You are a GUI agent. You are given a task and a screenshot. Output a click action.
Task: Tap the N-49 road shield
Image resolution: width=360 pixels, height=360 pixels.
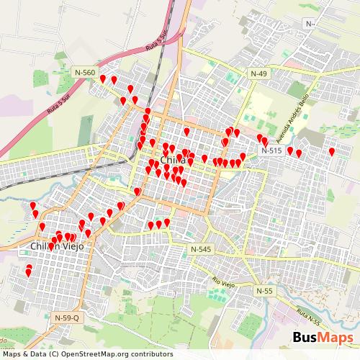click(258, 73)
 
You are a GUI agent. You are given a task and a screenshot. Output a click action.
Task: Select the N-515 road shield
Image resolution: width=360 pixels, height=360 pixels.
click(271, 150)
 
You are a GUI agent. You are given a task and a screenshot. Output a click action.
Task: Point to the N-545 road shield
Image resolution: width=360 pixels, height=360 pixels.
click(201, 248)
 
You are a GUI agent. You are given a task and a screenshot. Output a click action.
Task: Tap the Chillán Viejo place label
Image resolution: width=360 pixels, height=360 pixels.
click(57, 247)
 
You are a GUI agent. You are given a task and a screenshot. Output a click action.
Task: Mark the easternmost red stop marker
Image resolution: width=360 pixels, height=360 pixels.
click(332, 151)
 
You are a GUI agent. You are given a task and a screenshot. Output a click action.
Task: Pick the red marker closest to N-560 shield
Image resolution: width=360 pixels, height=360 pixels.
click(103, 78)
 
